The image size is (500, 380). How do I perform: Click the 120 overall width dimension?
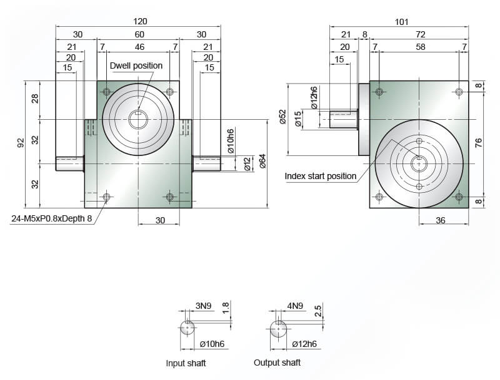coord(140,21)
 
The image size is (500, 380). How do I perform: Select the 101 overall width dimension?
coord(401,22)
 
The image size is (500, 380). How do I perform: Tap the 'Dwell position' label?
coord(136,66)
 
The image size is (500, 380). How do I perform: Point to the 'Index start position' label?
coord(320,176)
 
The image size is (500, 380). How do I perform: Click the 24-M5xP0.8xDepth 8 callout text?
coord(52,218)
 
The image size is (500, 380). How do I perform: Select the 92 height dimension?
coord(21,143)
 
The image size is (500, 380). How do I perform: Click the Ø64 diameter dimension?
coord(262,161)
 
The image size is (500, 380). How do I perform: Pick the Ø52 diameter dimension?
coord(282,117)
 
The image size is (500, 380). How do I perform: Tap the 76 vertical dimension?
coord(478,143)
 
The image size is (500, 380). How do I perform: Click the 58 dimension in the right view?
coord(420,47)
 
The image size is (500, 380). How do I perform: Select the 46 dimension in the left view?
coord(139,47)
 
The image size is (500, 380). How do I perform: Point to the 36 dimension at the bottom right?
coord(441,220)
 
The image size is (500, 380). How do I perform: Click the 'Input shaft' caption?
coord(186,363)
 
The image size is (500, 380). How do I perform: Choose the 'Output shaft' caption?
coord(277,363)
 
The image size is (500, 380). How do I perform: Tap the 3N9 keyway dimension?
coord(204,306)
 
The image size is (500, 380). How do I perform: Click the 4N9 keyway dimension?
coord(295,306)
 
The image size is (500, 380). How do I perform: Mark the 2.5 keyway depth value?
coord(318,310)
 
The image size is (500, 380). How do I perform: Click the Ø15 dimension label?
coord(298,119)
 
